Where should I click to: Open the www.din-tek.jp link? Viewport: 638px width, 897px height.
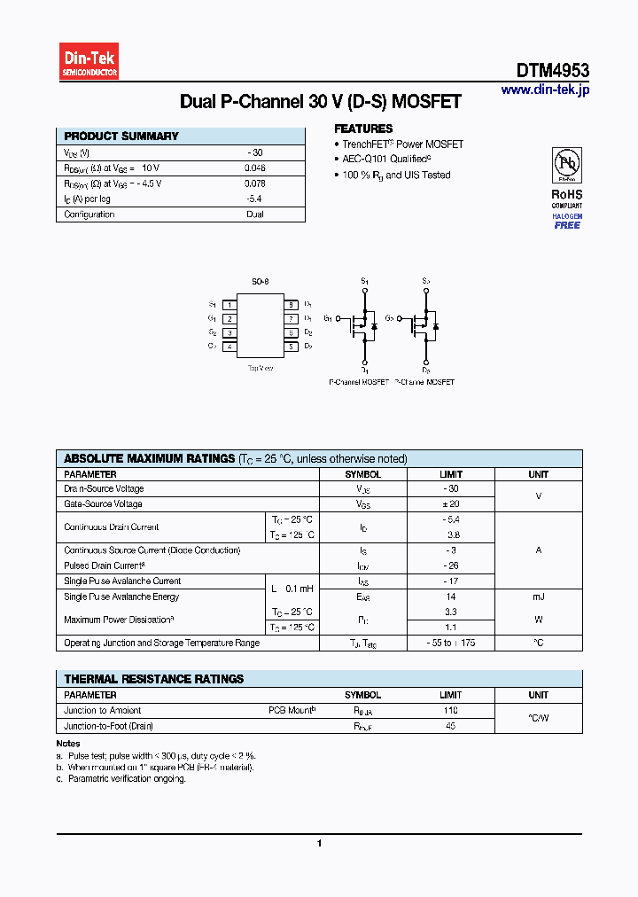pos(544,90)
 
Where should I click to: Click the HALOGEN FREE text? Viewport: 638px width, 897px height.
pos(567,221)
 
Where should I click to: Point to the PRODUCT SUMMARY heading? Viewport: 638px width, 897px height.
pos(121,136)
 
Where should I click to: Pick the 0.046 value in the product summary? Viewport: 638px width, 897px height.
pos(255,168)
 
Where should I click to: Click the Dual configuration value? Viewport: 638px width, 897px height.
pos(255,214)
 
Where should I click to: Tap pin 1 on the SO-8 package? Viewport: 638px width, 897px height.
pos(229,304)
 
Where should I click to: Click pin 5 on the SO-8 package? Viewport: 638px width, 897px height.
pos(290,347)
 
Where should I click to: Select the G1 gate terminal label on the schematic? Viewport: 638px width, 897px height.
pos(328,317)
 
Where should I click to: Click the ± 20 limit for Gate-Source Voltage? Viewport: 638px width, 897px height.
pos(451,503)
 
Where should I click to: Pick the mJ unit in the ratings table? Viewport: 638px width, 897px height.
pos(538,597)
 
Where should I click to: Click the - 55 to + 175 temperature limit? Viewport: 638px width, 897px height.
pos(451,643)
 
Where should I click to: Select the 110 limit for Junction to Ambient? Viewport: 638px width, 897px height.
pos(451,711)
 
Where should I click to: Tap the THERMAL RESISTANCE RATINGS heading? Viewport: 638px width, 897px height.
pos(153,679)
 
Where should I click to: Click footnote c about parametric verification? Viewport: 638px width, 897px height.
pos(121,778)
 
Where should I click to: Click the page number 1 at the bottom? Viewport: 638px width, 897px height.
pos(319,844)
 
